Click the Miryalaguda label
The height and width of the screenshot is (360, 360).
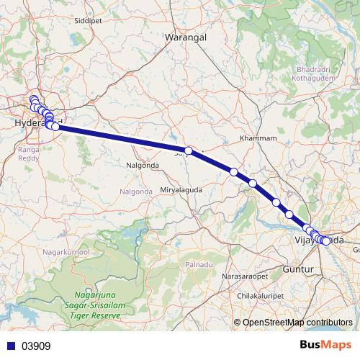(181, 189)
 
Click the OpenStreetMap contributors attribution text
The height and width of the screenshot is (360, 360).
(300, 322)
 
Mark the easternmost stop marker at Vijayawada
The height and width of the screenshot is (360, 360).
(327, 241)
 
